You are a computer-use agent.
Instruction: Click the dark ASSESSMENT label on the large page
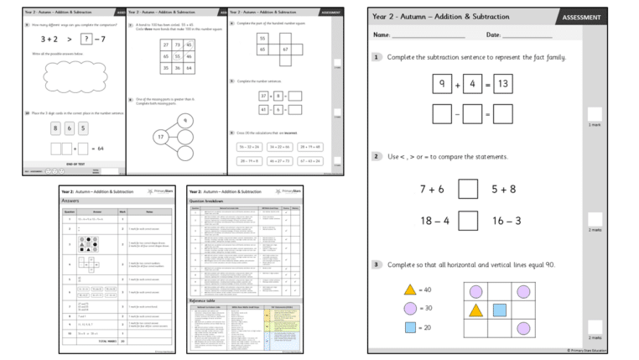[580, 17]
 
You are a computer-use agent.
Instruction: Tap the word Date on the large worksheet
[493, 35]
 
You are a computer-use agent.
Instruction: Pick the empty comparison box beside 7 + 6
[469, 189]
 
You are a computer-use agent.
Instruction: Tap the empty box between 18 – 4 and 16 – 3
[469, 221]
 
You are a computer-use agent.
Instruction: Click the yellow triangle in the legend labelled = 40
[410, 290]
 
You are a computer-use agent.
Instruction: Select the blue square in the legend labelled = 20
[410, 327]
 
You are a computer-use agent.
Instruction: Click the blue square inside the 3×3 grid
[499, 310]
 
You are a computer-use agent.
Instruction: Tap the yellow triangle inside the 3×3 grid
[475, 310]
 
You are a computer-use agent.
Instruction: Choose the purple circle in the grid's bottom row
[522, 328]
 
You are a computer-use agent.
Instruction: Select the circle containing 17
[159, 136]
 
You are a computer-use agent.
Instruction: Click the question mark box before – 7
[86, 39]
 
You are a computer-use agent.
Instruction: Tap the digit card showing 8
[57, 128]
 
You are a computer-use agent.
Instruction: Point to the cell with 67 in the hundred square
[284, 50]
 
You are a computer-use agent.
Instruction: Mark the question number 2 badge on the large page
[377, 157]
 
